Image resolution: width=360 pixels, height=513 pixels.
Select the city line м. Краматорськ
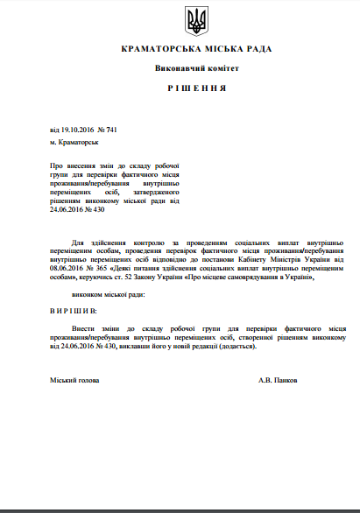point(74,141)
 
